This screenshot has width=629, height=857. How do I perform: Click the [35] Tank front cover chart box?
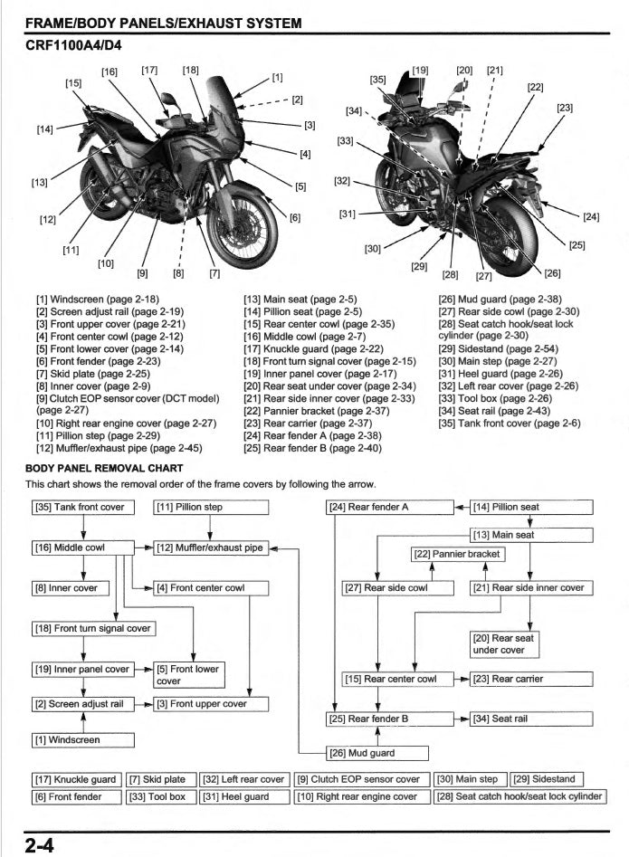(x=83, y=508)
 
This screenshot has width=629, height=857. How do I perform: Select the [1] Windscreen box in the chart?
(x=83, y=740)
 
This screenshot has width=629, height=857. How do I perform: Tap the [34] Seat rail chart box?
(x=531, y=719)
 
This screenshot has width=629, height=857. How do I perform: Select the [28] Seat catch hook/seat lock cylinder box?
(x=519, y=796)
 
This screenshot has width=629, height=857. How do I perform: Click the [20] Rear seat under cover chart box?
(x=503, y=643)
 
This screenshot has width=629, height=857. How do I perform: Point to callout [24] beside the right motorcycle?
(x=590, y=217)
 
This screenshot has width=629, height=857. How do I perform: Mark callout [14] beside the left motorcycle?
(x=44, y=129)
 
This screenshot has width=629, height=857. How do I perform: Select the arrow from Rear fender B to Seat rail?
(x=459, y=719)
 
